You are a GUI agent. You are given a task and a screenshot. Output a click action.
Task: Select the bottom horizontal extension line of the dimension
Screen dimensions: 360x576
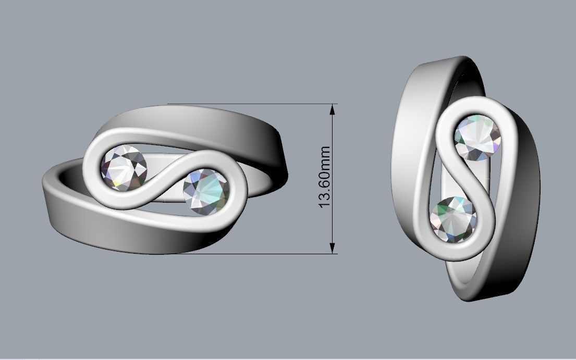(x=261, y=254)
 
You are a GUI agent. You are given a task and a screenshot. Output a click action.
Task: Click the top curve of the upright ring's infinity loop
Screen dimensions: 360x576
(x=480, y=103)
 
